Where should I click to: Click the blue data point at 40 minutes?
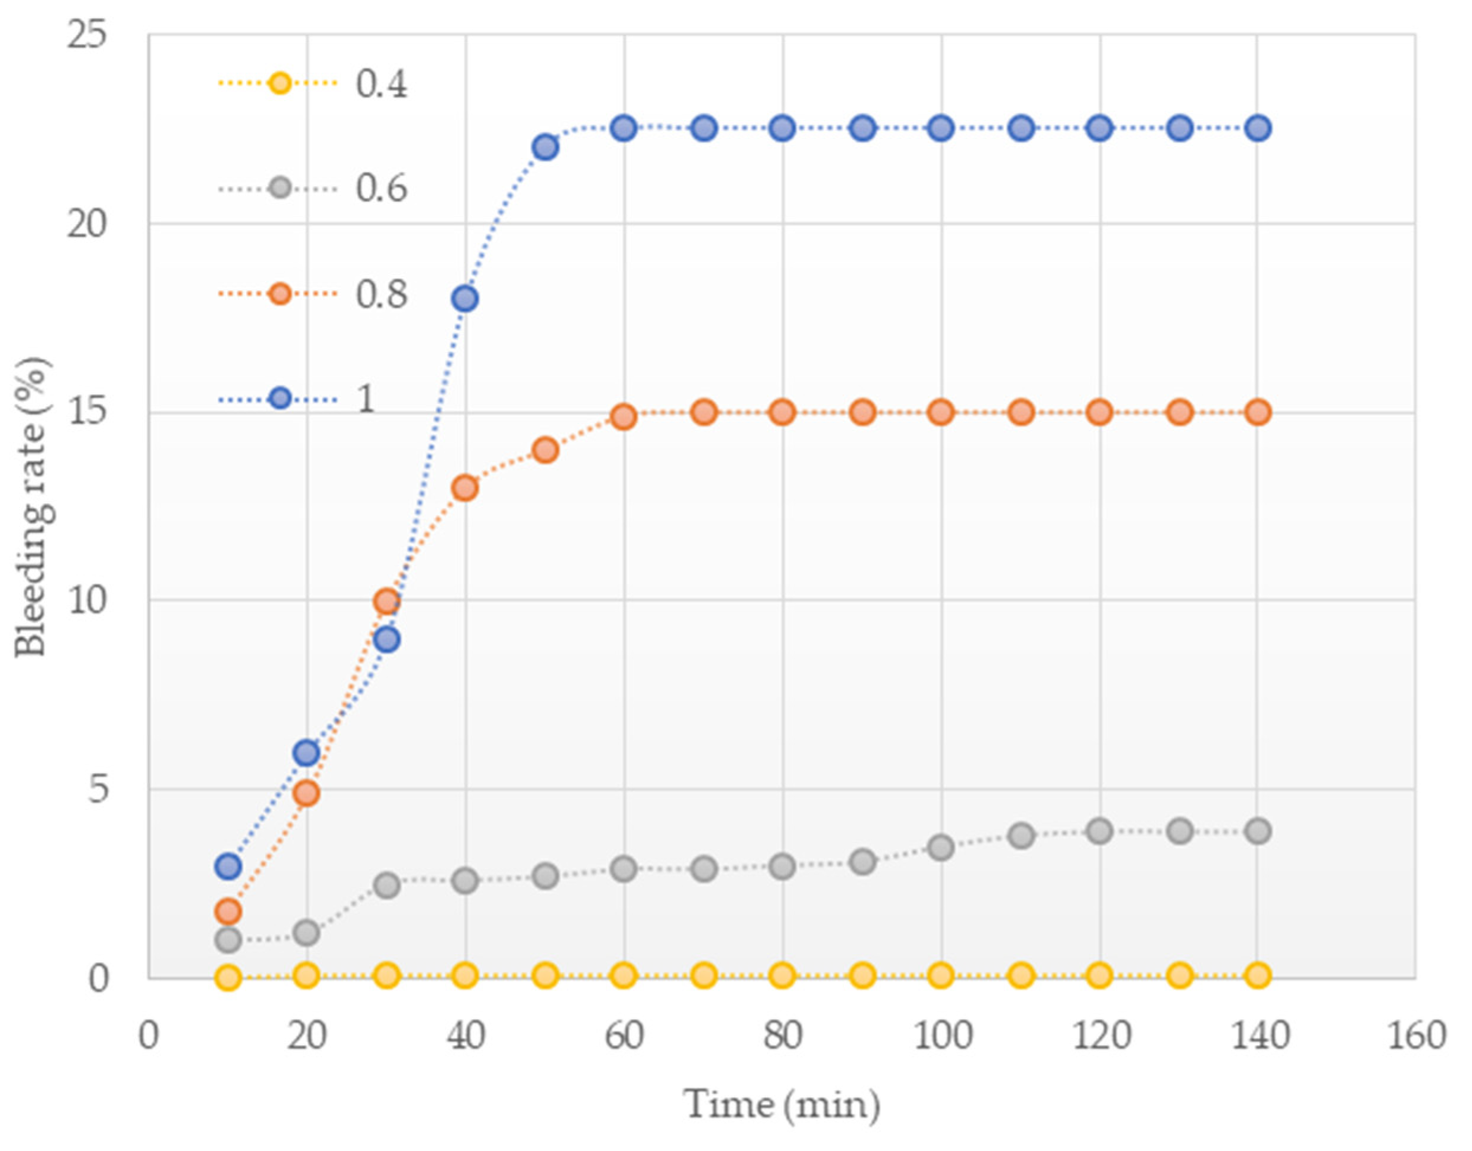(x=465, y=299)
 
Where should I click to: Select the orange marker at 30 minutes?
(x=386, y=601)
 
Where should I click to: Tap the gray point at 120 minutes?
(x=1099, y=831)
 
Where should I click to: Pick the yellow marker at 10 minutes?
(x=228, y=977)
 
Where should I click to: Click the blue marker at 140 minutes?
(x=1258, y=128)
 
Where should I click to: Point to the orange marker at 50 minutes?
(x=545, y=450)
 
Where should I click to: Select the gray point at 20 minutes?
(x=306, y=933)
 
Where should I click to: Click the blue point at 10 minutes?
(x=228, y=867)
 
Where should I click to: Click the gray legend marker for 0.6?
(x=280, y=188)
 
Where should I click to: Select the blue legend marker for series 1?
(x=280, y=398)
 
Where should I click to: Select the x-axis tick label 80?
(x=783, y=1035)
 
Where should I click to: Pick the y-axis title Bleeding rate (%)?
(x=33, y=507)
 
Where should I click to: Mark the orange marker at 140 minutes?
(x=1258, y=412)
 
